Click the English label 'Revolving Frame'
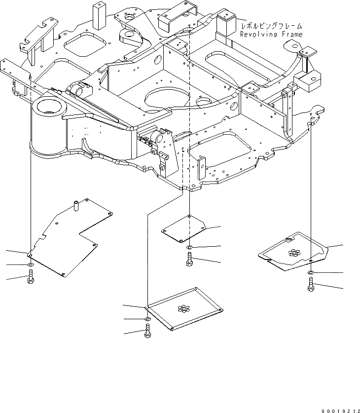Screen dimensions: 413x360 [271, 34]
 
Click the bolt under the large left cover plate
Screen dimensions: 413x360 [31, 280]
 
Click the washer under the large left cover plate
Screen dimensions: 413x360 [31, 265]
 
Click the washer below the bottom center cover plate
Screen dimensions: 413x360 [147, 319]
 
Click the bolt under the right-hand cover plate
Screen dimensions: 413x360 [311, 285]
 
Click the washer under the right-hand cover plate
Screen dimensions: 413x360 [311, 272]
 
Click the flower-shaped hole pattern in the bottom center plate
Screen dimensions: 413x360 [183, 309]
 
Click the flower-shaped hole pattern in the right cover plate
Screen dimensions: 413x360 [294, 253]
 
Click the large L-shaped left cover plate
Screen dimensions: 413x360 [69, 237]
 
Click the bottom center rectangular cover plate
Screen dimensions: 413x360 [184, 308]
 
